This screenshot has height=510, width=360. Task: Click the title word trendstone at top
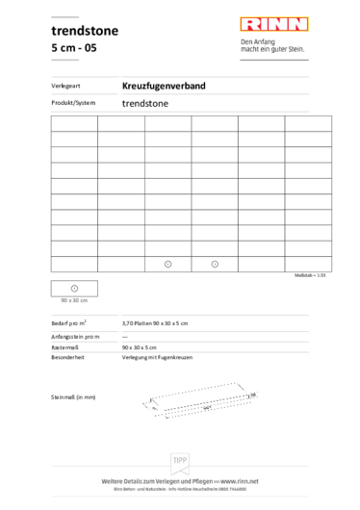click(85, 31)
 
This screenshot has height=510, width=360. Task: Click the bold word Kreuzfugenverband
click(164, 87)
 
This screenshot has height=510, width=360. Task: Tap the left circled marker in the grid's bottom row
click(167, 264)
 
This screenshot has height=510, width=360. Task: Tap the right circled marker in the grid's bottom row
click(215, 264)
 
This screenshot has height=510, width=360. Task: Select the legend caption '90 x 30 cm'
click(74, 301)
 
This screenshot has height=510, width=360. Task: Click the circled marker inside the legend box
click(74, 289)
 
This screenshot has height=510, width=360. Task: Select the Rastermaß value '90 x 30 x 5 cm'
click(142, 345)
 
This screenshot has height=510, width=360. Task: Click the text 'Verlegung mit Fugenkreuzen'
click(161, 356)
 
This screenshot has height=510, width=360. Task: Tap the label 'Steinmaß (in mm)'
click(73, 396)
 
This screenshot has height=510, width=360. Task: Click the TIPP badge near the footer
click(180, 462)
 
